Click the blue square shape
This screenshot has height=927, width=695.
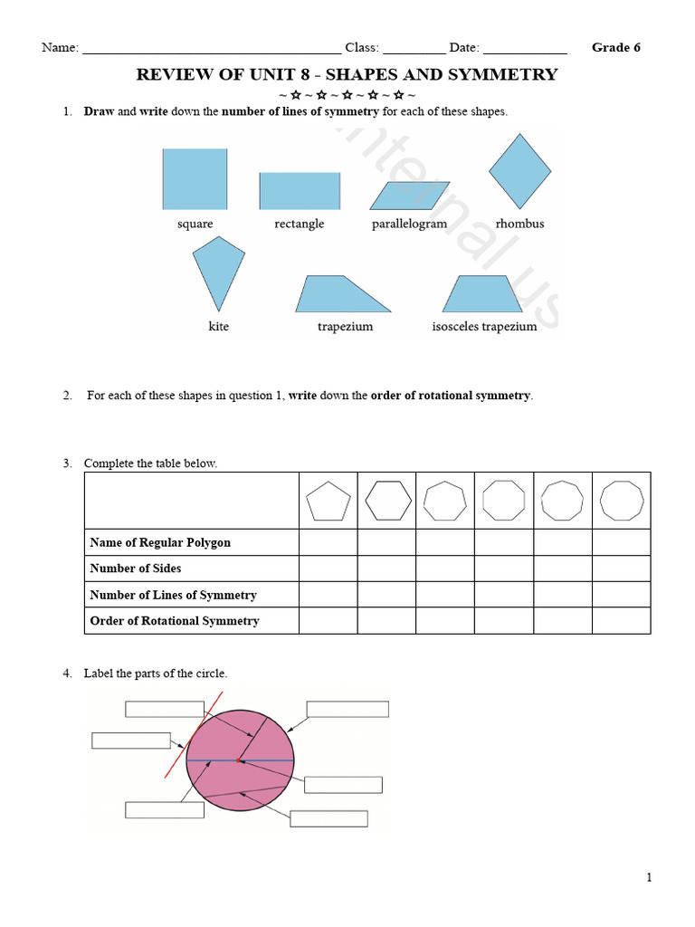[x=195, y=179]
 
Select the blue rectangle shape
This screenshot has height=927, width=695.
[x=300, y=191]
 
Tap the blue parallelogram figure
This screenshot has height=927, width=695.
[x=410, y=196]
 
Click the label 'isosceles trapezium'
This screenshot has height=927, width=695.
[x=484, y=327]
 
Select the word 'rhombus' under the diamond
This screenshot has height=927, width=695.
[x=519, y=224]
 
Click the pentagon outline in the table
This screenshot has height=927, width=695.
[x=328, y=501]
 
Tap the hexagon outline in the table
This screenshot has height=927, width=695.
[x=386, y=501]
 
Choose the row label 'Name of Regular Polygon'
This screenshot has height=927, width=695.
[x=160, y=542]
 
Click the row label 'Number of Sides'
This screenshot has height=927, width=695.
[x=136, y=569]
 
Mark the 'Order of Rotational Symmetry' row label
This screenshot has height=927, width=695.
[x=175, y=621]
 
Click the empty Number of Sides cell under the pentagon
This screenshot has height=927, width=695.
[x=328, y=569]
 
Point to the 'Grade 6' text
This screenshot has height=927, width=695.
[x=615, y=48]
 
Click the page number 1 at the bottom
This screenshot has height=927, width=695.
[x=649, y=876]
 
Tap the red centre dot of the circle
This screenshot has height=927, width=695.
[x=239, y=760]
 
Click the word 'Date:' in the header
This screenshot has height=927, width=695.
[x=463, y=48]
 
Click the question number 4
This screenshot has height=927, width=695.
[x=67, y=674]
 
